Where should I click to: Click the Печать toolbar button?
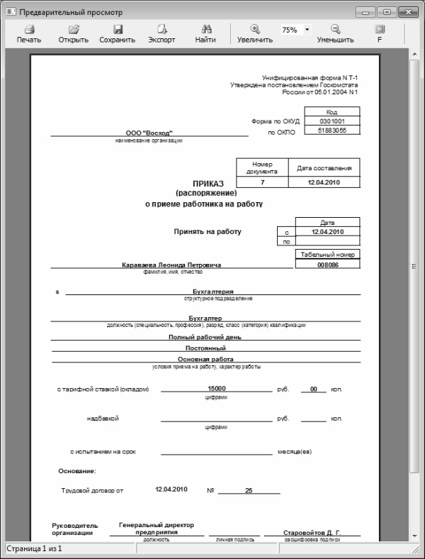tap(29, 34)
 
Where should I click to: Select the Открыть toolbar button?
tap(74, 34)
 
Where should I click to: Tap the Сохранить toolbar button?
tap(118, 34)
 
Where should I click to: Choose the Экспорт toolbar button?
tap(161, 34)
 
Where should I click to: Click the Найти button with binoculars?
tap(206, 34)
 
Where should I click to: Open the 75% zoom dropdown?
tap(307, 31)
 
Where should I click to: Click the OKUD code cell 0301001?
tap(331, 121)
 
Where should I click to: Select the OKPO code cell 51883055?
tap(331, 131)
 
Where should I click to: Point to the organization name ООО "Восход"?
tap(149, 133)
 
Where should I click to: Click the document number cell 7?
tap(262, 182)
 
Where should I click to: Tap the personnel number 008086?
tap(327, 265)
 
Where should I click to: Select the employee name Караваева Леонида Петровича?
tap(171, 265)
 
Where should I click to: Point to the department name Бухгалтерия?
tap(212, 291)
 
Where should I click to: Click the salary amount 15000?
tap(216, 388)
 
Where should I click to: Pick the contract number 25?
tap(248, 490)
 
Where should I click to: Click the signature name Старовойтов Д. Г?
tap(312, 531)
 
